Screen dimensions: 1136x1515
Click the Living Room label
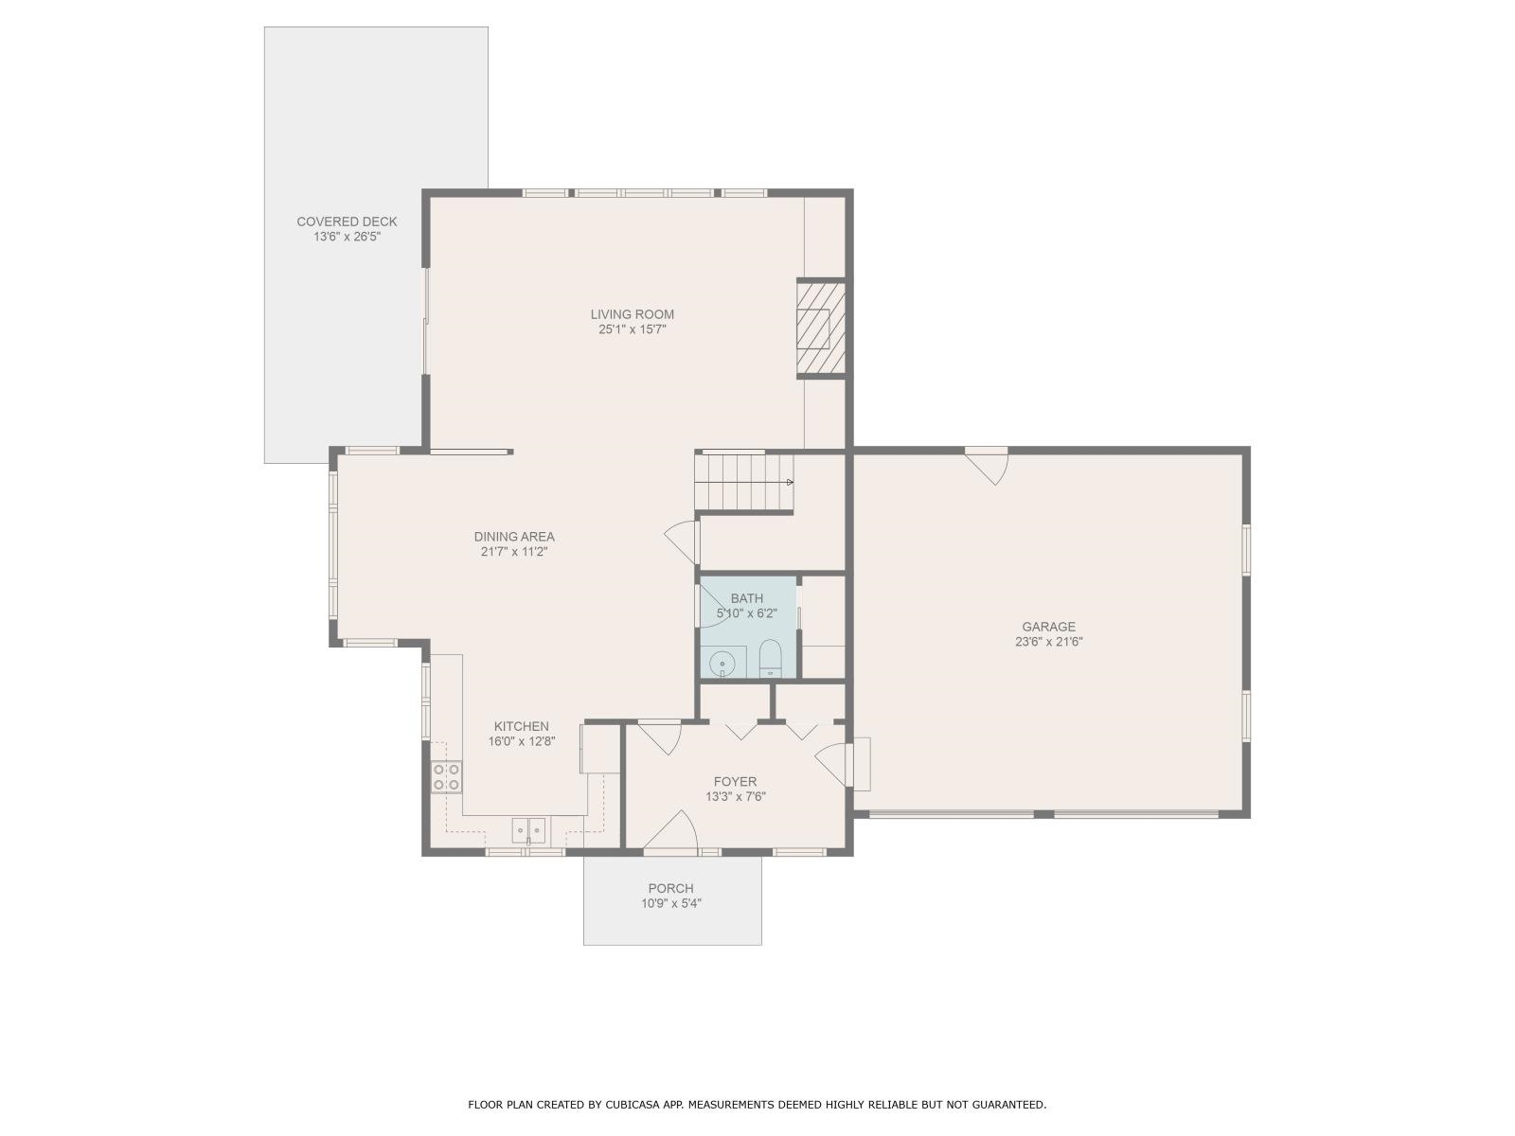point(632,314)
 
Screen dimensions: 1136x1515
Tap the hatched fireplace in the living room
point(819,328)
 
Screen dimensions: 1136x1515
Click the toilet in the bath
point(771,659)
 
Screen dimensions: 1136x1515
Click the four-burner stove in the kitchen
point(446,777)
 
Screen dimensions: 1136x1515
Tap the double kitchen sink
point(529,830)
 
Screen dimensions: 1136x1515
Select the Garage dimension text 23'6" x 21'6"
point(1048,642)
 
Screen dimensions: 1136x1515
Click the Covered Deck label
point(347,222)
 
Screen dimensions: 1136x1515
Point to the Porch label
point(670,888)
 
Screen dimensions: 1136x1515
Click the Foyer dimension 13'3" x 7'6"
point(735,797)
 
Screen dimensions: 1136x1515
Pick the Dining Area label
point(514,536)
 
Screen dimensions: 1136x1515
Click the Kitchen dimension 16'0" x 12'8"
point(521,742)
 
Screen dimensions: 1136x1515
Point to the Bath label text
point(746,598)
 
